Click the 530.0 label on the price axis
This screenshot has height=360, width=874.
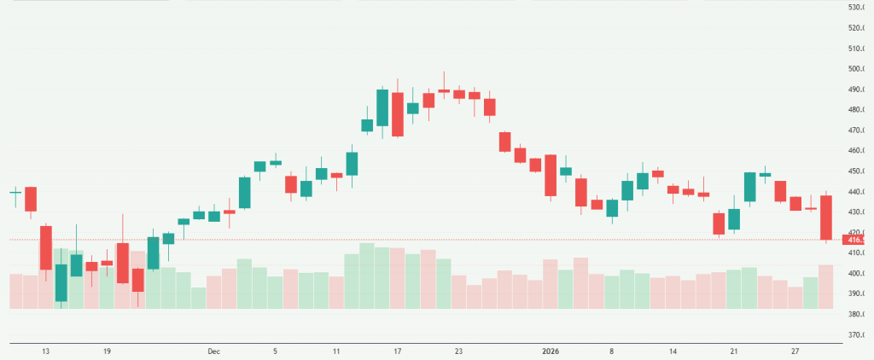[x=857, y=8]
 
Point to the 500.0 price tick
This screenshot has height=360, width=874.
[x=857, y=69]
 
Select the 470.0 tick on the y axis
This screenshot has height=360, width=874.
[x=857, y=131]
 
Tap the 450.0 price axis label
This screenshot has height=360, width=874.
[x=857, y=171]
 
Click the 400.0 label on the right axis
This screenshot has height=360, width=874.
[x=857, y=274]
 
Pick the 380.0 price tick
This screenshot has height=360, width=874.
[x=857, y=315]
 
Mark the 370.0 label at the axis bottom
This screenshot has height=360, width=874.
[x=857, y=335]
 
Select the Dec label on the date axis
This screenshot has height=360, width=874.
[x=213, y=351]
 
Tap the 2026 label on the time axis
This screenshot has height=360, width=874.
[x=551, y=351]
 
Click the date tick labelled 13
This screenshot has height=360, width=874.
[x=45, y=351]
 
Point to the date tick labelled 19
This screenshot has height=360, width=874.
[x=107, y=351]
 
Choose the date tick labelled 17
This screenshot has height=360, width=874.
[x=397, y=351]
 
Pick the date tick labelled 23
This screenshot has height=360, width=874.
[x=458, y=351]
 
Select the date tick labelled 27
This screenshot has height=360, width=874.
[x=795, y=351]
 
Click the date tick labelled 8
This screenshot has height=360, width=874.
[x=612, y=351]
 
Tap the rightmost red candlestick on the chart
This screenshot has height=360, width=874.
[x=825, y=218]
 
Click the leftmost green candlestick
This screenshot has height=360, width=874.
[x=15, y=193]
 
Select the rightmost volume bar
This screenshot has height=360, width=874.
[x=825, y=287]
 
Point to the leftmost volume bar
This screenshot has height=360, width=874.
[x=15, y=291]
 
